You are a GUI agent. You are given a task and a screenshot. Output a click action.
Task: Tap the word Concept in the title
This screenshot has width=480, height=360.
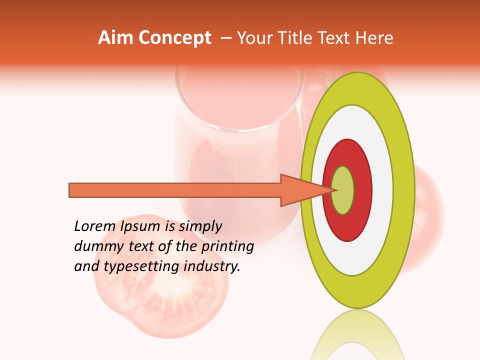[175, 38]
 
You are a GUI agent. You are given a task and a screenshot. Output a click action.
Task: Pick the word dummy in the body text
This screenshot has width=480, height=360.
[95, 246]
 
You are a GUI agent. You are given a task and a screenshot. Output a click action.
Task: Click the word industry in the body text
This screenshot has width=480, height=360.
[212, 266]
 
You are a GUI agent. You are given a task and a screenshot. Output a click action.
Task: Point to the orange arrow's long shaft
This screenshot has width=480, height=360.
[175, 190]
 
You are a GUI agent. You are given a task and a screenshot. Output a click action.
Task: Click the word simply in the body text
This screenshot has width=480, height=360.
[200, 226]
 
